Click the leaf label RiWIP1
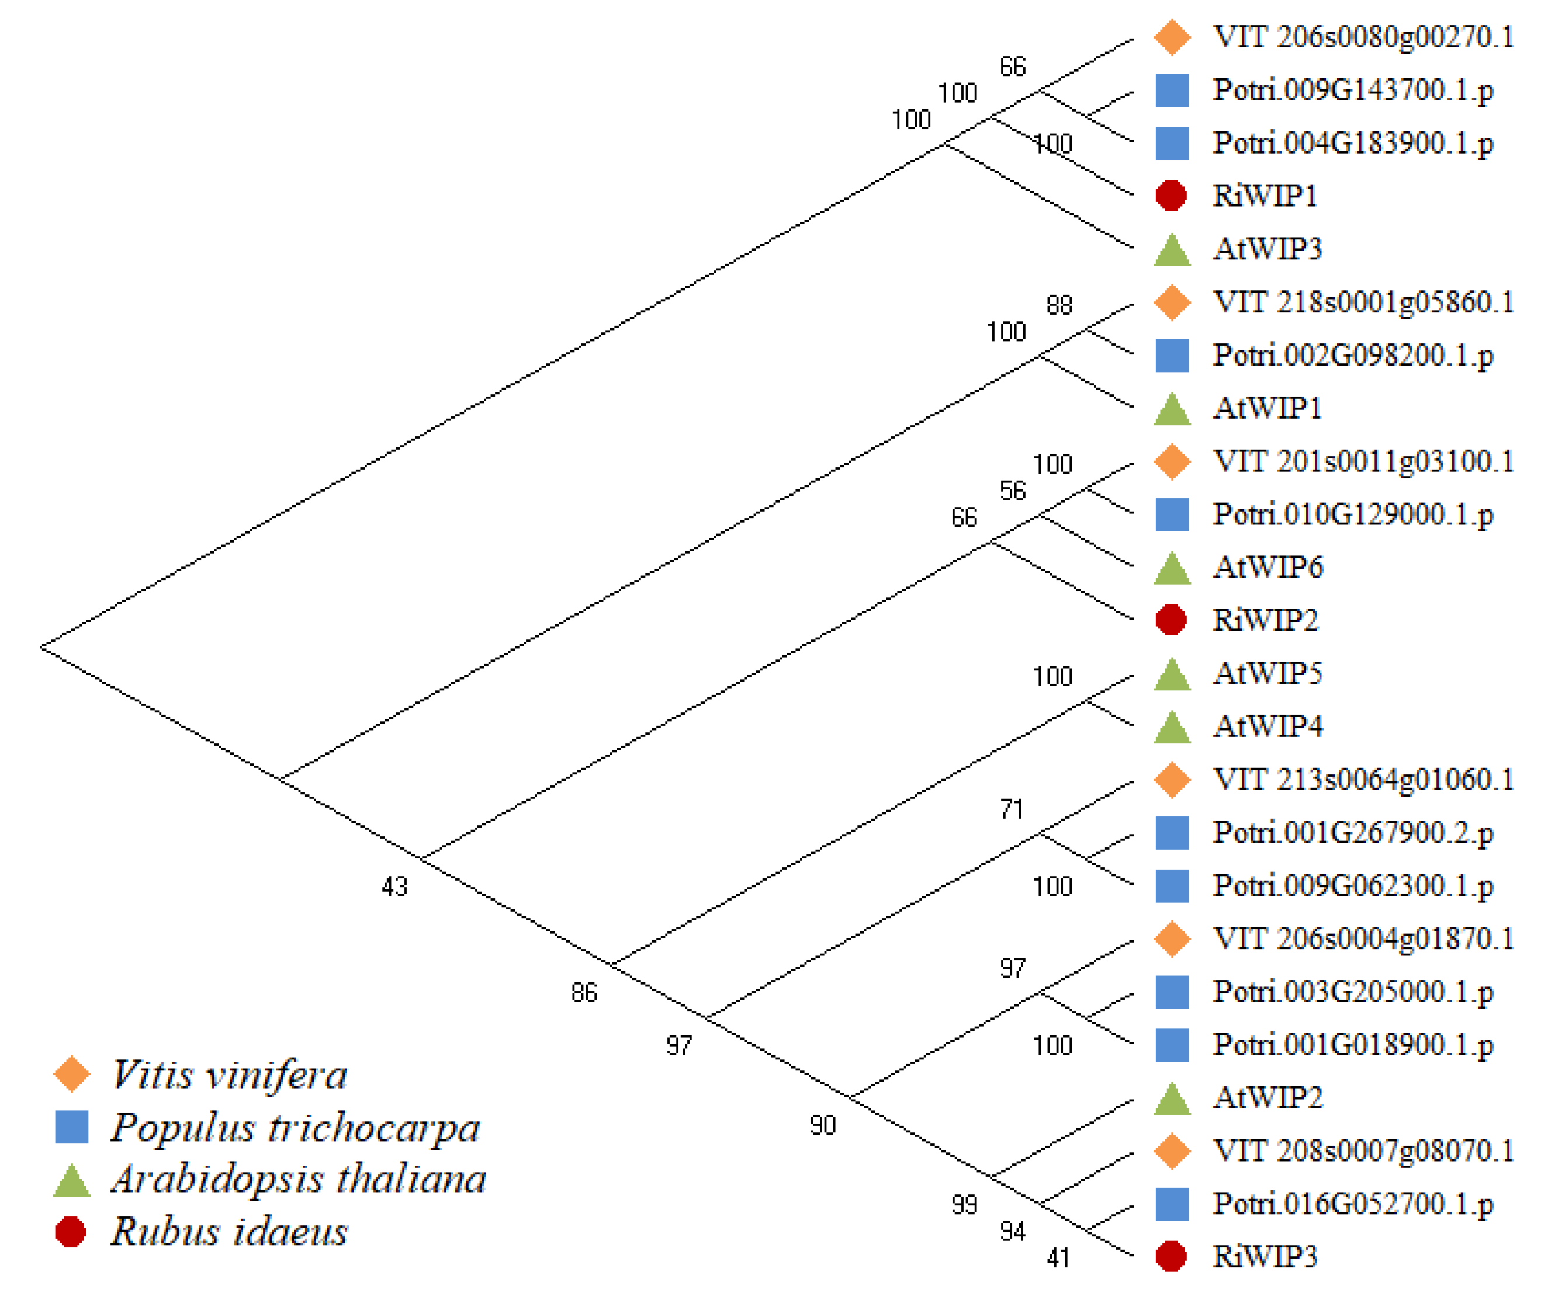click(1265, 196)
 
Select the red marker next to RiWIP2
click(1171, 620)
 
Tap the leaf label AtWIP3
click(1268, 249)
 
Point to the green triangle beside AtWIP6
click(1172, 569)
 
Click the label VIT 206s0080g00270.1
click(1363, 37)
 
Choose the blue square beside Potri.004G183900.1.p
click(1172, 143)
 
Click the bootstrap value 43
click(394, 887)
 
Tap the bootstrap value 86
click(584, 993)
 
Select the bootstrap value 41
click(1058, 1258)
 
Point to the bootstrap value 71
click(1012, 810)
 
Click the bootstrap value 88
click(1059, 305)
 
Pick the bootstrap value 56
click(1012, 492)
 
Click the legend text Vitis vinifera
click(229, 1075)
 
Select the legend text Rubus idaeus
click(229, 1232)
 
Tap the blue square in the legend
click(71, 1128)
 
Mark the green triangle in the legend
click(71, 1181)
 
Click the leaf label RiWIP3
click(1265, 1257)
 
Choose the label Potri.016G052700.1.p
click(1353, 1204)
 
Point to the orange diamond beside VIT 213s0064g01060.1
click(1172, 780)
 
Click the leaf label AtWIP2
click(1268, 1098)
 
